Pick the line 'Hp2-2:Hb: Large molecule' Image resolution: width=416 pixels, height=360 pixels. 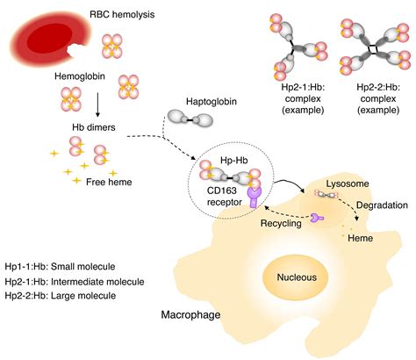[x=67, y=296]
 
